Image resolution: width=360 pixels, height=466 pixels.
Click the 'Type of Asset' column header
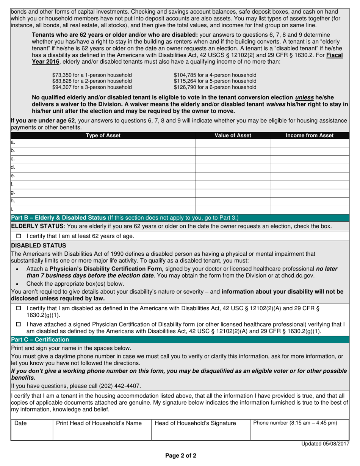tap(103, 135)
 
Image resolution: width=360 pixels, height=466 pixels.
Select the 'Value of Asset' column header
tap(233, 135)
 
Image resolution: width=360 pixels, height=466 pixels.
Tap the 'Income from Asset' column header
tap(309, 135)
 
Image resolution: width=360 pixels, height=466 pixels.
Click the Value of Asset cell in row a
tap(233, 143)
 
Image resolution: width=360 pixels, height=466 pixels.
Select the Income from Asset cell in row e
tap(309, 176)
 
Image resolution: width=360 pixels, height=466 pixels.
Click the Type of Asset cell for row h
tap(103, 201)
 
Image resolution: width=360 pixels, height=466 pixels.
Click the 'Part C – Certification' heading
tap(40, 339)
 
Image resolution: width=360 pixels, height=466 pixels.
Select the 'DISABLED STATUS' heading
tap(39, 246)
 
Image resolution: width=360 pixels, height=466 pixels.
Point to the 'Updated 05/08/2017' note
tap(325, 444)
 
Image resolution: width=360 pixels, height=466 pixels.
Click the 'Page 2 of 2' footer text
tap(180, 456)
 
